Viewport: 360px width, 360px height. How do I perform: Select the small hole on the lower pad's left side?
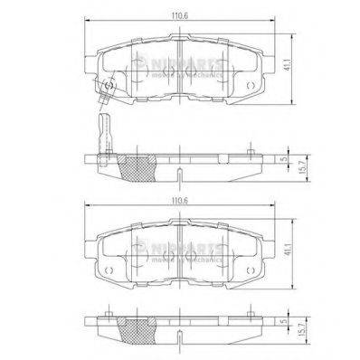point(109,268)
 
